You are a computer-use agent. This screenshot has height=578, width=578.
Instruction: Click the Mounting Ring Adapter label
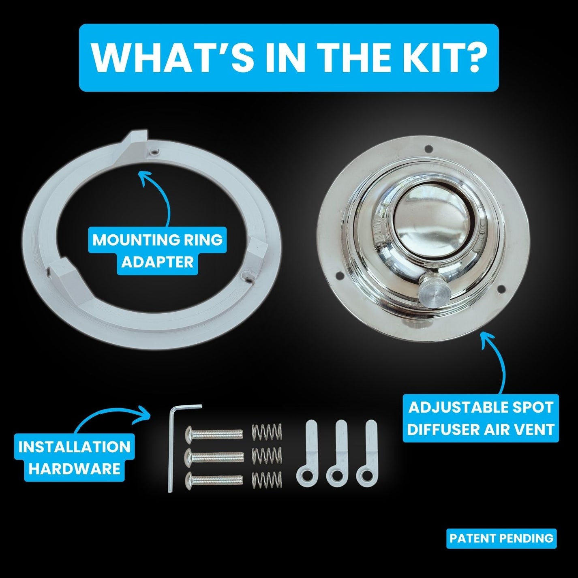[158, 251]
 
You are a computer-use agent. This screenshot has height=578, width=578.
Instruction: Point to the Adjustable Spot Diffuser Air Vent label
[480, 418]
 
